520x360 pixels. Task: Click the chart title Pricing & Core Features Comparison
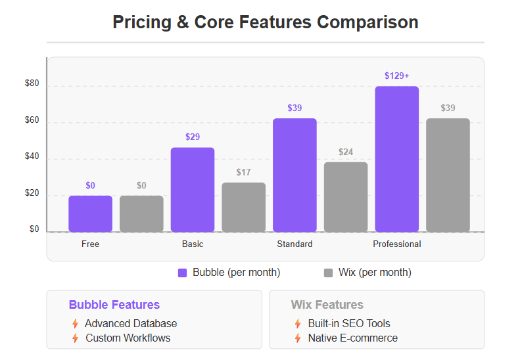tap(265, 22)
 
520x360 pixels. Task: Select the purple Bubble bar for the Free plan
tap(90, 214)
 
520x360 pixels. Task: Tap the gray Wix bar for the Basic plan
tap(243, 207)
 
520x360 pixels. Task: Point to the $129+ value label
tap(397, 76)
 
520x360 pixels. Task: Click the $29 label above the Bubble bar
tap(193, 137)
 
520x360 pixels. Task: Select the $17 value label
tap(243, 172)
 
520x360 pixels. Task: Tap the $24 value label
tap(346, 152)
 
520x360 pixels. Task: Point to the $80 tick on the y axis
tap(32, 83)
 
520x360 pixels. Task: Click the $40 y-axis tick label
tap(32, 157)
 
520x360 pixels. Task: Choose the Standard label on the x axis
tap(295, 244)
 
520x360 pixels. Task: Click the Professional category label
tap(397, 244)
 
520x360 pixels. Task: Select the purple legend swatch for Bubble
tap(183, 273)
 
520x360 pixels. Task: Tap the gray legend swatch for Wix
tap(329, 273)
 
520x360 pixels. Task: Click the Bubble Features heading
tap(114, 305)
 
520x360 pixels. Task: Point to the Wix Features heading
tap(327, 305)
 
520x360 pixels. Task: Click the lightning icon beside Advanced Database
tap(75, 323)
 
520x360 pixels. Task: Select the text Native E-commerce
tap(352, 338)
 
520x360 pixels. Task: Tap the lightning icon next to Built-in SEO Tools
tap(298, 323)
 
